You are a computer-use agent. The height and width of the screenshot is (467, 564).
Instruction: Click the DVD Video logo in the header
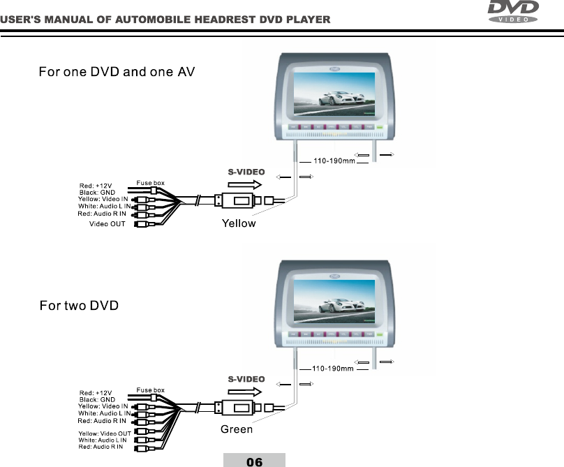point(513,12)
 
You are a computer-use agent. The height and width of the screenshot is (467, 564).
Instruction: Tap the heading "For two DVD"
point(79,306)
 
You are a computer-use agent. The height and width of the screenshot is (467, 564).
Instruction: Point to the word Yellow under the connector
point(239,224)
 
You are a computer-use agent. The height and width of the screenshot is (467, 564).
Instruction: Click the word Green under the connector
point(237,429)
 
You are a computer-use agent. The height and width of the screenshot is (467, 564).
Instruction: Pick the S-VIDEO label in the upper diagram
point(247,171)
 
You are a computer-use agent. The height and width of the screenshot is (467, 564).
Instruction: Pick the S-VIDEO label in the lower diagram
point(247,379)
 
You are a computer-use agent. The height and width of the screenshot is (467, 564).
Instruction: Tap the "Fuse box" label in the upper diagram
point(150,183)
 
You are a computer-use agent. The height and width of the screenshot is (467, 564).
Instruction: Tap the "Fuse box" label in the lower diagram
point(150,390)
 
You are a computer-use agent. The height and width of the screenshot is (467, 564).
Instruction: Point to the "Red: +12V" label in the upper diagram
point(95,185)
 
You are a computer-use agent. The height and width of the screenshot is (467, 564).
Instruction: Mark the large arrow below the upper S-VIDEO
point(245,184)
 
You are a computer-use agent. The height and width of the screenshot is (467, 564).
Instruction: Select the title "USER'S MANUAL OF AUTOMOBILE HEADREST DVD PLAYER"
point(165,19)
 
